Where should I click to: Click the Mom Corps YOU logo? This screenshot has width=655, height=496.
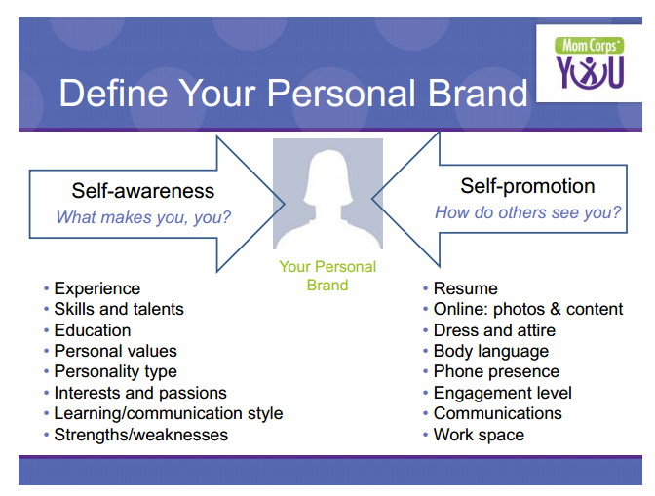(x=590, y=63)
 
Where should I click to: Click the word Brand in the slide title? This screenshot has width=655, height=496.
(x=477, y=93)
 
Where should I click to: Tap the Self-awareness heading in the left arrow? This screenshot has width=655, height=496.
(x=143, y=191)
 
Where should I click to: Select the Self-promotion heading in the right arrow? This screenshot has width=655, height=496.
(x=527, y=186)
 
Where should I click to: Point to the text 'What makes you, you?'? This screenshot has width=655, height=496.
(x=143, y=217)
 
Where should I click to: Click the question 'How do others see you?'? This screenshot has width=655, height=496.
(x=528, y=212)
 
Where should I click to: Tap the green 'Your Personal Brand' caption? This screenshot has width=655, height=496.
(x=327, y=276)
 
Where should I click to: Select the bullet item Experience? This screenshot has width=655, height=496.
(x=96, y=288)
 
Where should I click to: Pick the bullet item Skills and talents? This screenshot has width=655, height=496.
(x=119, y=309)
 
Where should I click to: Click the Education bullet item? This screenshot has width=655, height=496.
(x=93, y=330)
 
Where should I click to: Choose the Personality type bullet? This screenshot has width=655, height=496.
(x=115, y=372)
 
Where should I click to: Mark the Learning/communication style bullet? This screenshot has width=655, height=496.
(x=169, y=414)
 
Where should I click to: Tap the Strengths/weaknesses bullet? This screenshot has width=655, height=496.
(x=140, y=435)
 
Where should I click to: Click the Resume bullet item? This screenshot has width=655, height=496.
(x=465, y=288)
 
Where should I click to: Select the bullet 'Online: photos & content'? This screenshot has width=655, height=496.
(x=528, y=309)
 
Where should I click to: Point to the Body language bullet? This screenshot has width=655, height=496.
(x=491, y=351)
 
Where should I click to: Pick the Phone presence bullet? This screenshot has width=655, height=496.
(x=496, y=371)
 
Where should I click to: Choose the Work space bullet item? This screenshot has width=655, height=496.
(x=479, y=435)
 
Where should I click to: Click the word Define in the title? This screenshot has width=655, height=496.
(x=114, y=93)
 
